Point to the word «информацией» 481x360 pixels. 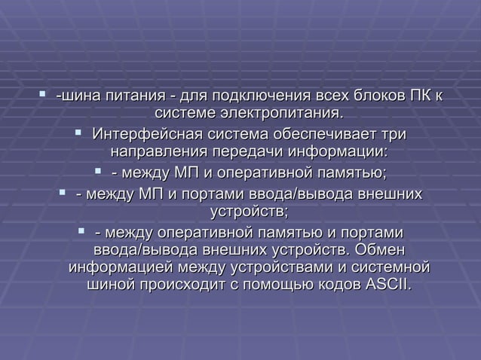pyautogui.click(x=118, y=267)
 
